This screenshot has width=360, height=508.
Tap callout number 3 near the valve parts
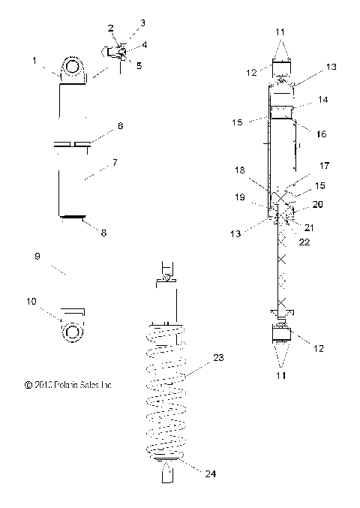[123, 23]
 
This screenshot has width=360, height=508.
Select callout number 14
[323, 98]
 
